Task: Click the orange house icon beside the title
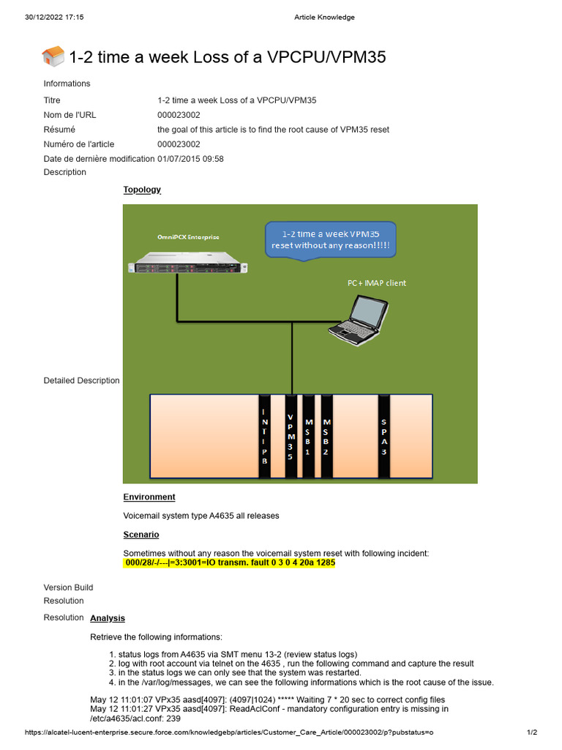coord(53,56)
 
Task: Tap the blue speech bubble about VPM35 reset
coord(330,239)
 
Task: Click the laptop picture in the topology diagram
coord(358,320)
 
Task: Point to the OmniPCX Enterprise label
coord(188,237)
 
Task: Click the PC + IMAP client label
coord(376,283)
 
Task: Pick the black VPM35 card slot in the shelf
coord(291,437)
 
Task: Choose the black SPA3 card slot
coord(383,437)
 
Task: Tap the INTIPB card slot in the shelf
coord(264,437)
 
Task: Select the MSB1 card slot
coord(309,437)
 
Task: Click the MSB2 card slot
coord(326,437)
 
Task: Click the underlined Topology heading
coord(142,190)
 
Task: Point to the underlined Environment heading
coord(149,497)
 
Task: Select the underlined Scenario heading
coord(141,535)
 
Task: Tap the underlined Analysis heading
coord(108,618)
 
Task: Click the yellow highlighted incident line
coord(229,563)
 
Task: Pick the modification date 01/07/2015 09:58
coord(190,159)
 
